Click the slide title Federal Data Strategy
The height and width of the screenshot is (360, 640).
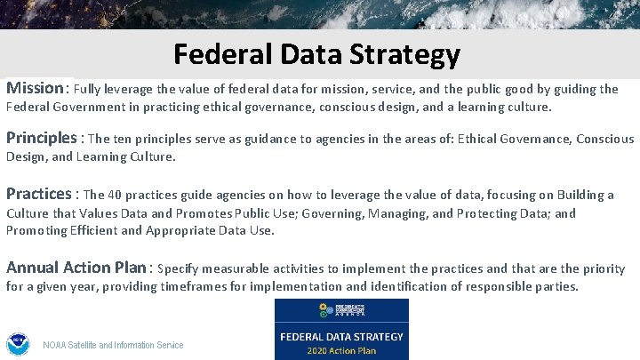(317, 55)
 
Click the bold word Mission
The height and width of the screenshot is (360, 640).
(35, 88)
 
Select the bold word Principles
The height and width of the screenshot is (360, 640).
(42, 138)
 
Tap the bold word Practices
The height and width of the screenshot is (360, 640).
(38, 194)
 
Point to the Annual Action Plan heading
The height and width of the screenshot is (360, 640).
(77, 268)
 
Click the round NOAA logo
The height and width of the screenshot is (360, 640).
(18, 344)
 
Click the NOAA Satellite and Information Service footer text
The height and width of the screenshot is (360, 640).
(114, 345)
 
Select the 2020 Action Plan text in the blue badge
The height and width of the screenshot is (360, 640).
(341, 350)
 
